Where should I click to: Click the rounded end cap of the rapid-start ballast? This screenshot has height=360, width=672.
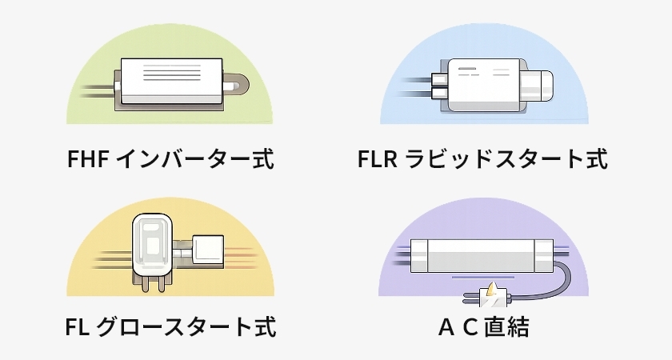pos(542,86)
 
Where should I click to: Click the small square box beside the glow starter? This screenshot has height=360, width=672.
pos(210,250)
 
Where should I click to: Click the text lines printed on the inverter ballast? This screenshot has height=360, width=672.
pos(171,74)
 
